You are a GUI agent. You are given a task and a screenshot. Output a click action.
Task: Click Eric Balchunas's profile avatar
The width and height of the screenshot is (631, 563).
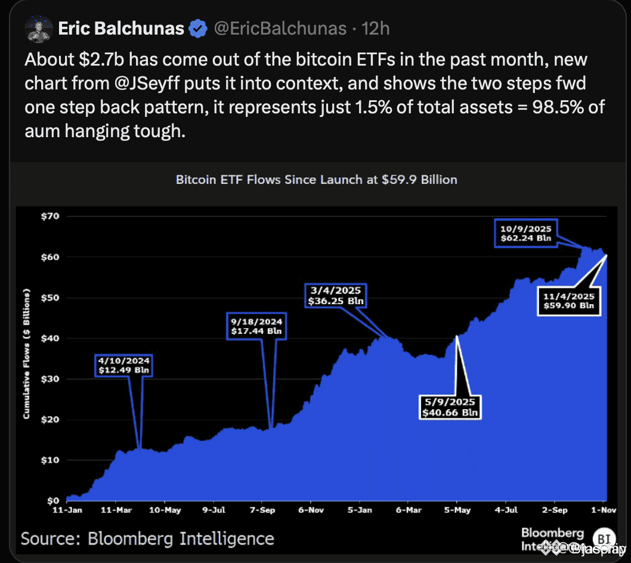pos(37,29)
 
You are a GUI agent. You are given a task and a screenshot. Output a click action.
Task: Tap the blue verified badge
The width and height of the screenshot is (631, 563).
pos(198,29)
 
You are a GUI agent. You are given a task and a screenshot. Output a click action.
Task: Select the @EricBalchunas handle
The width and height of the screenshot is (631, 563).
pos(280,29)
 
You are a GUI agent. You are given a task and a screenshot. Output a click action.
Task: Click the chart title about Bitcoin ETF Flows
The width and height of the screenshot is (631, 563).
pos(316,180)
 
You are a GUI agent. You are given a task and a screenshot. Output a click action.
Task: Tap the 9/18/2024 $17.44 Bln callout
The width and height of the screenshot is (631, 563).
pos(256,326)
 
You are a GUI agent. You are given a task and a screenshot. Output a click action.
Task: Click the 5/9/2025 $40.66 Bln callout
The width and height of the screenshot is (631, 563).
pos(450,406)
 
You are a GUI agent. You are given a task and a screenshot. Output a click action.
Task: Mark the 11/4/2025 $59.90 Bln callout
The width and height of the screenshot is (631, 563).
pos(569,301)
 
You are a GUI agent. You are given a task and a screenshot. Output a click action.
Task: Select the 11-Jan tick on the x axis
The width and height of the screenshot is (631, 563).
pos(67,511)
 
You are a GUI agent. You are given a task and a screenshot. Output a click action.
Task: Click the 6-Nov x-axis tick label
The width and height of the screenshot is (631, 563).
pos(310,511)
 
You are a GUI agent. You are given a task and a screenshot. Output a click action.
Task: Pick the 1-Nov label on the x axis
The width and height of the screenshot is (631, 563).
pos(602,511)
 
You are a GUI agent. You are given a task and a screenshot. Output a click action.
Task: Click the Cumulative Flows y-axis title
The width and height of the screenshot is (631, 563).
pos(27,354)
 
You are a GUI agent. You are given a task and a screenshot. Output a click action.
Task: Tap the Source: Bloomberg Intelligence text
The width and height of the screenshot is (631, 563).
pos(147,539)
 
